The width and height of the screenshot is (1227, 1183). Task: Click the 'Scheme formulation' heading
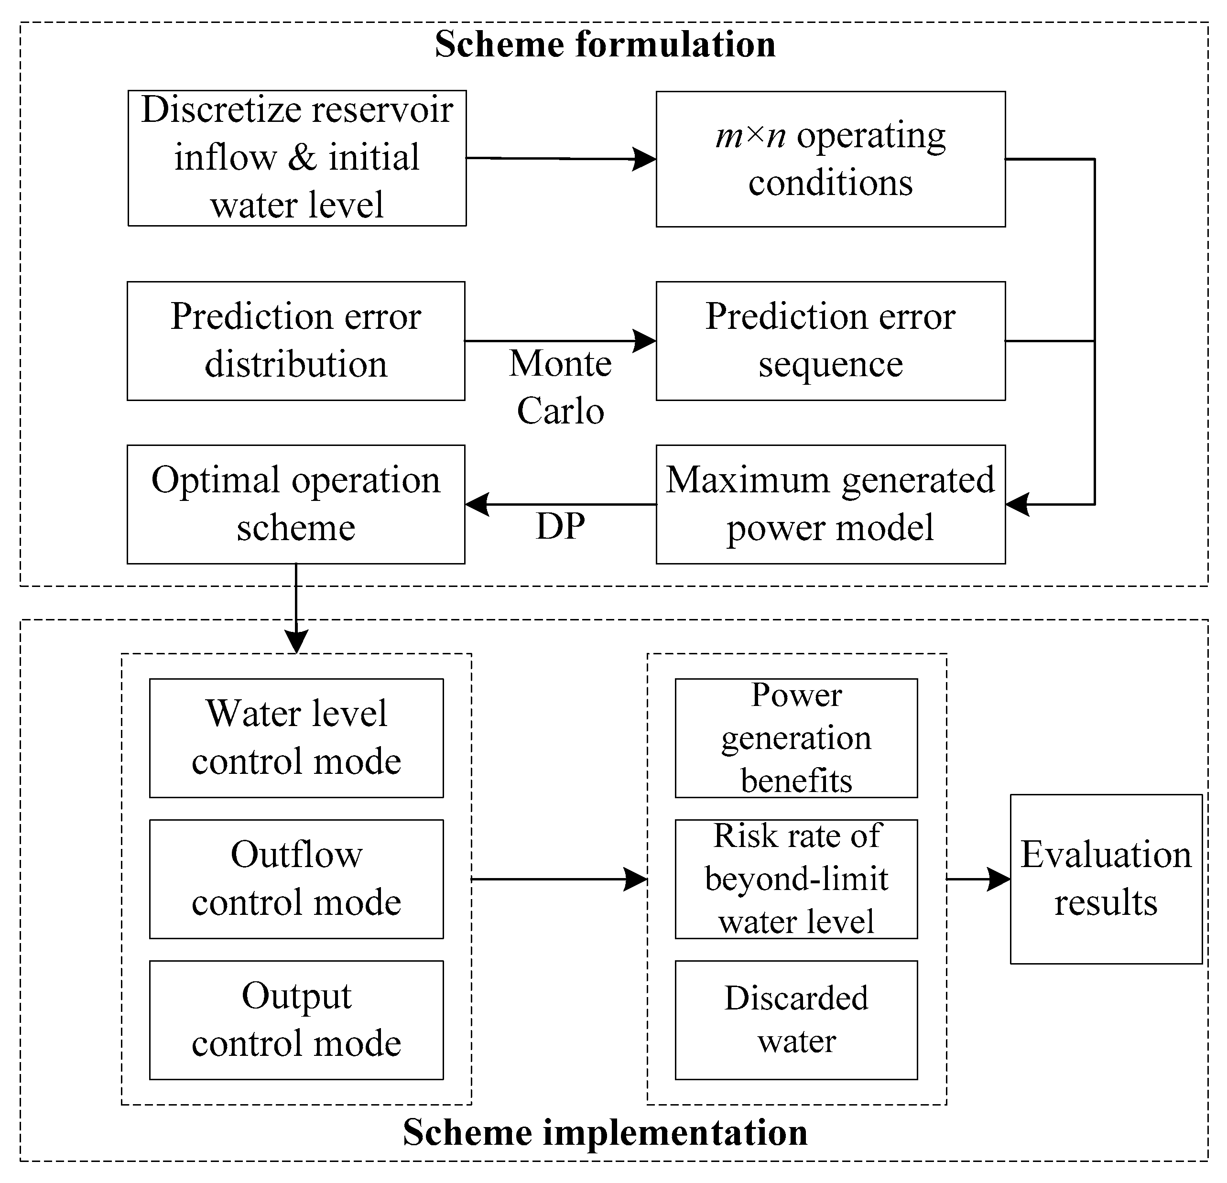[605, 45]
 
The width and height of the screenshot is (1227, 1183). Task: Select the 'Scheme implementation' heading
[605, 1132]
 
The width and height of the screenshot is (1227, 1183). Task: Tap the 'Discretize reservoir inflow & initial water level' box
[297, 158]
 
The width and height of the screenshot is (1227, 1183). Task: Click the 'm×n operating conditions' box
[830, 159]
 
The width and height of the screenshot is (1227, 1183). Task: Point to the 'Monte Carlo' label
[560, 387]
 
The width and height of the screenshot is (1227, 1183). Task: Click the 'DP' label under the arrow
[560, 526]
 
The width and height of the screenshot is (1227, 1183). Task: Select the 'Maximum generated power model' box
[830, 504]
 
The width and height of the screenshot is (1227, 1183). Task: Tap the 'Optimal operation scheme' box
[295, 504]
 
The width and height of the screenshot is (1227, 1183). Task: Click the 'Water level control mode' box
[296, 738]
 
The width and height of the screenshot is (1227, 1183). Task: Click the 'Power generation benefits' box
[796, 738]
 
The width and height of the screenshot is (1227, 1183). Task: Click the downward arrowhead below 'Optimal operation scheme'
[296, 641]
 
